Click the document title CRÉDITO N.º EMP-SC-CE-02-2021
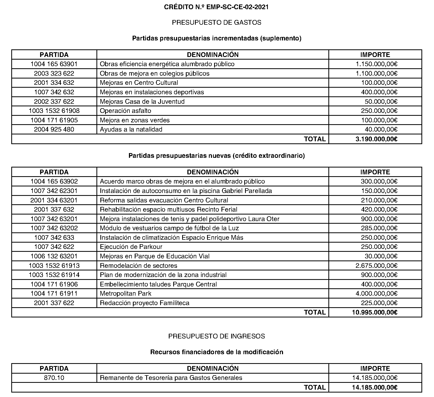coord(216,7)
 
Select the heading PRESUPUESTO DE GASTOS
coord(216,23)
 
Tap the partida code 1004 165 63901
coord(54,64)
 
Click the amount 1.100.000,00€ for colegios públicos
coord(376,74)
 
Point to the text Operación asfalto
coord(126,111)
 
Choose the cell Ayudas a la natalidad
coord(131,129)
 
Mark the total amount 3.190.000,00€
coord(376,139)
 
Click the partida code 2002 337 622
coord(54,102)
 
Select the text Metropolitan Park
coord(126,294)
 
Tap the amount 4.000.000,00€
coord(376,294)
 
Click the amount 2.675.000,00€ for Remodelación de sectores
coord(376,266)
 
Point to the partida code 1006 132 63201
coord(54,256)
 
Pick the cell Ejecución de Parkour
coord(131,247)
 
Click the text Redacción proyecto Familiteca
coord(144,303)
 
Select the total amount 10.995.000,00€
coord(376,312)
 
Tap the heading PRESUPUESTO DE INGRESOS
coord(216,336)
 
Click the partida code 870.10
coord(54,378)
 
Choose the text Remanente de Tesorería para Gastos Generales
coord(171,378)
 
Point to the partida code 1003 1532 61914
coord(54,275)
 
